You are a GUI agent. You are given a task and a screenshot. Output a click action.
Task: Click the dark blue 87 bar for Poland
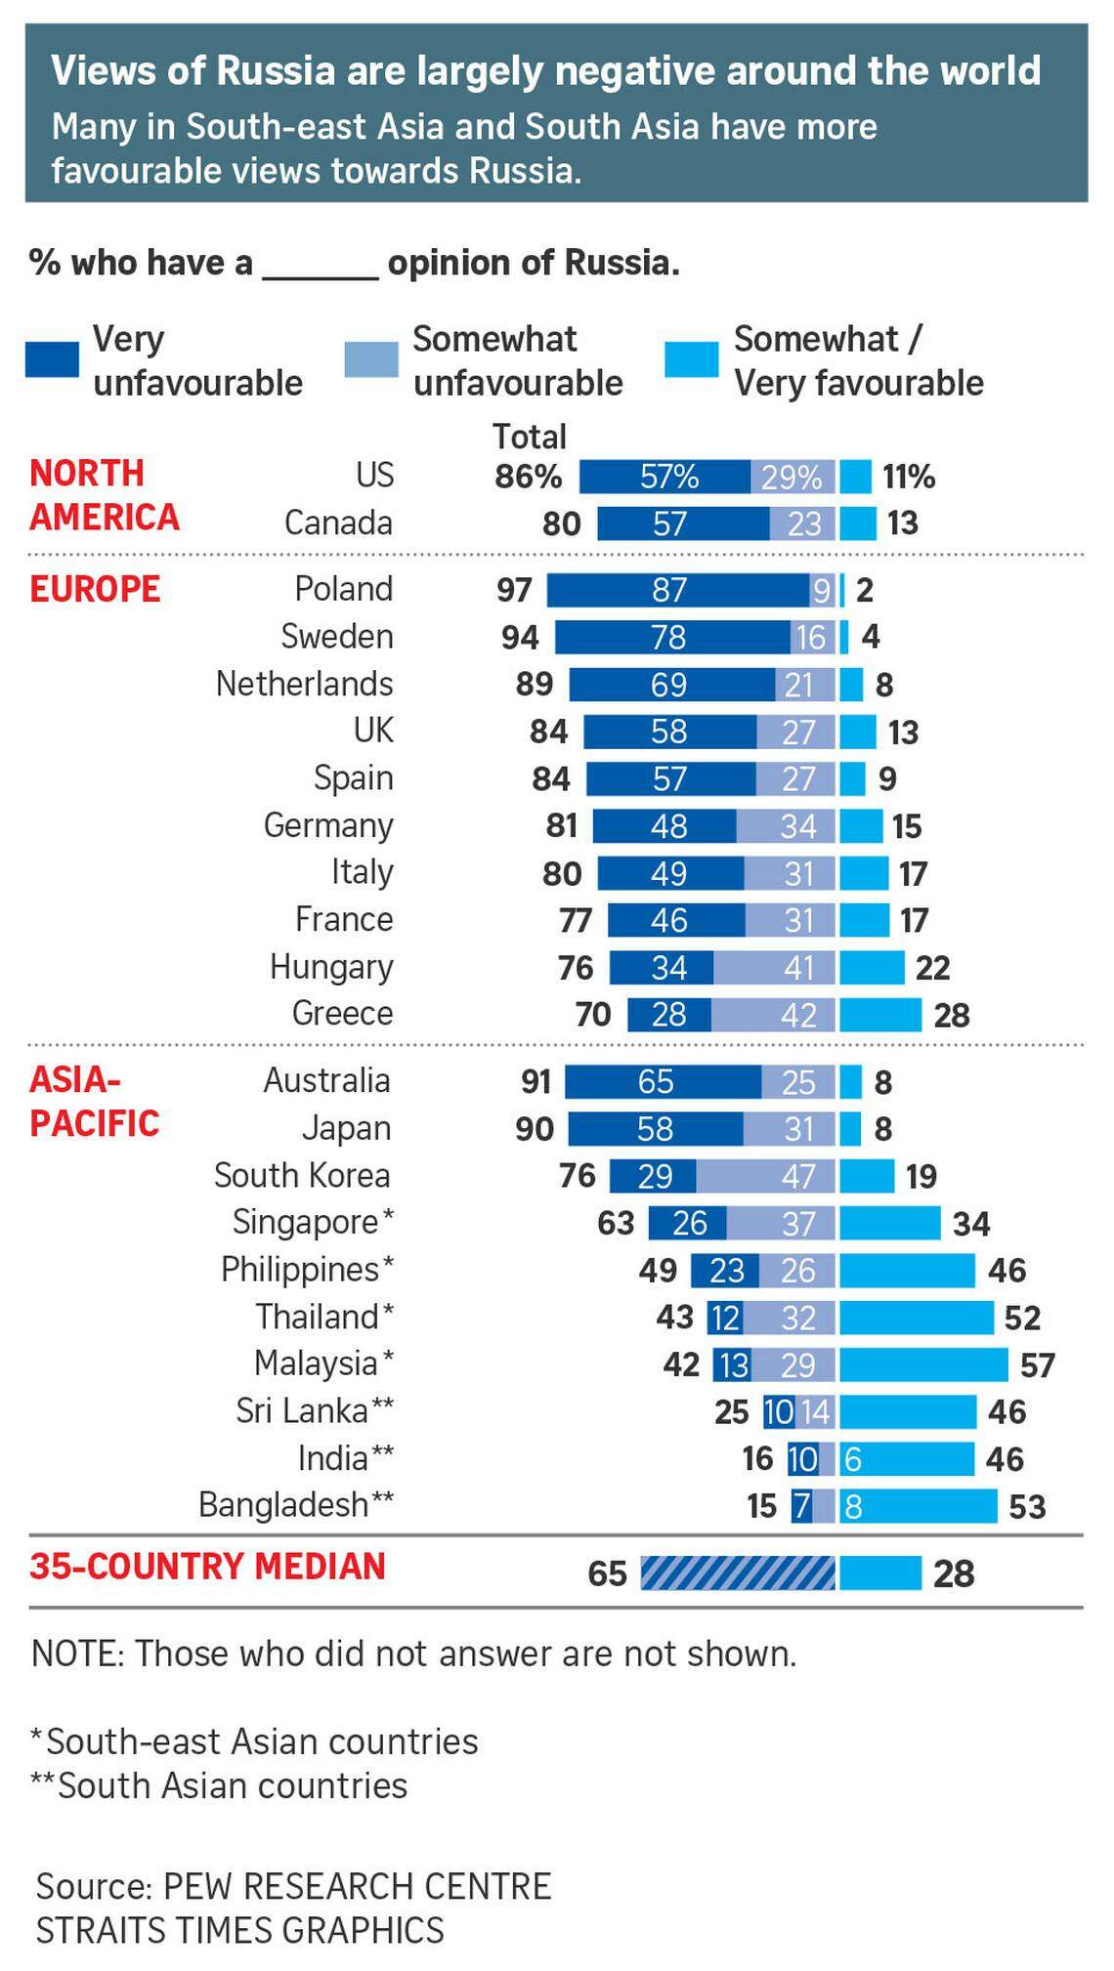coord(678,590)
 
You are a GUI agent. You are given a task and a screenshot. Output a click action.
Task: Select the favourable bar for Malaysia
coord(923,1364)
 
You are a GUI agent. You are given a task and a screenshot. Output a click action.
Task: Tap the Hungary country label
coord(331,967)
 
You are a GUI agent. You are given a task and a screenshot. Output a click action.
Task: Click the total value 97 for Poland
coord(514,590)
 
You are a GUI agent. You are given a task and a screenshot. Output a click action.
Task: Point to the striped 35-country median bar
coord(738,1573)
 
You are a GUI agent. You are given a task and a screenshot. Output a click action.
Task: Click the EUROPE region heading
coord(95,589)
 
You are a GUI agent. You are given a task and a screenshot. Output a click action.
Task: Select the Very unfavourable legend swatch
coord(52,359)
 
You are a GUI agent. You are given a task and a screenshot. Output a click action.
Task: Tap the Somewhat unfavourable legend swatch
coord(371,359)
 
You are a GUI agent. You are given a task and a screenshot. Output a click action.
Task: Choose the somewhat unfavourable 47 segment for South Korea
coord(766,1176)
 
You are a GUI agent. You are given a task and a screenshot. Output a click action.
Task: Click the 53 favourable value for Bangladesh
coord(1027,1506)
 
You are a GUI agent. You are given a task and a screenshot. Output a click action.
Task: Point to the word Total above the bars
coord(529,437)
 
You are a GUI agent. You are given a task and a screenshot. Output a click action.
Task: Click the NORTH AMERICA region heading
coord(104,495)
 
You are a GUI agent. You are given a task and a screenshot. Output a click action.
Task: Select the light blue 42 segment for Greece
coord(774,1015)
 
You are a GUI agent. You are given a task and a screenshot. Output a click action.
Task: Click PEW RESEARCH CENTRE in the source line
coord(357,1885)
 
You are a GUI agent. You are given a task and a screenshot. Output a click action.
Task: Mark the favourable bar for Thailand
coord(917,1318)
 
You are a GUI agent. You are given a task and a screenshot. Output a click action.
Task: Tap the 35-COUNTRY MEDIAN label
coord(207,1567)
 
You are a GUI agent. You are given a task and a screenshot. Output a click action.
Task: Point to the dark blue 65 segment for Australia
coord(663,1082)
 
